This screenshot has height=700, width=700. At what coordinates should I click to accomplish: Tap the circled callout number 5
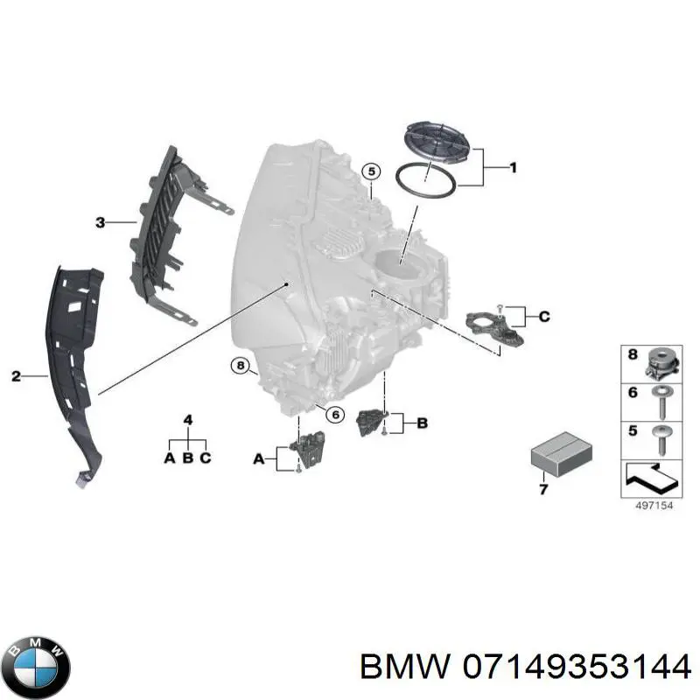tap(370, 171)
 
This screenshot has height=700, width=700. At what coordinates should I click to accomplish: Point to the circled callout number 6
tap(332, 414)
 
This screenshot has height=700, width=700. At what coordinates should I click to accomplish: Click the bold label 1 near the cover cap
tap(513, 167)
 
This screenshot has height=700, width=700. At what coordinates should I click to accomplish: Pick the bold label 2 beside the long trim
tap(15, 377)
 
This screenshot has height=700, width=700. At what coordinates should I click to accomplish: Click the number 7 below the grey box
tap(542, 490)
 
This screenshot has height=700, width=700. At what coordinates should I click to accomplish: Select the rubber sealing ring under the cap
tap(425, 179)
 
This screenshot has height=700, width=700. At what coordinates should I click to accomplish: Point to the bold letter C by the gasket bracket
tap(543, 317)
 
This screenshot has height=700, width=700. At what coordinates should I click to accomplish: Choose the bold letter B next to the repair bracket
tap(421, 423)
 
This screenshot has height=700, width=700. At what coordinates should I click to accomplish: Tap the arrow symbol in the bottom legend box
tap(652, 478)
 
